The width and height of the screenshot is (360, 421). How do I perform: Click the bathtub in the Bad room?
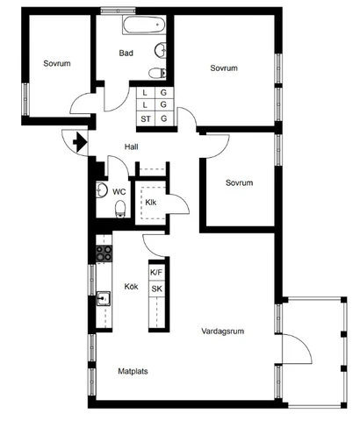coord(144,25)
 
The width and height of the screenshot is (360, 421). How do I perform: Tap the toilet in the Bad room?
coord(157,73)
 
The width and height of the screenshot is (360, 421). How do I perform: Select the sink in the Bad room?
coord(161,51)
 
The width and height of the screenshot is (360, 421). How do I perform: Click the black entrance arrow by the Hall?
coord(80,142)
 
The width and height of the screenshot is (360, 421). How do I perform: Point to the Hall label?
coord(132,146)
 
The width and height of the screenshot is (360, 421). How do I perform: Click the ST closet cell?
coord(146,119)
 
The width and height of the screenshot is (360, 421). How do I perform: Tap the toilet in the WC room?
coord(120,209)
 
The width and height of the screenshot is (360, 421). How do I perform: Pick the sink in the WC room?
coord(102,190)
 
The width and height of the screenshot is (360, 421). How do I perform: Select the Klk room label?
coord(151,203)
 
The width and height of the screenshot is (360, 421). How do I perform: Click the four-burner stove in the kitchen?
coord(104,253)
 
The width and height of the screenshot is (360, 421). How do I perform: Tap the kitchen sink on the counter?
coord(104,298)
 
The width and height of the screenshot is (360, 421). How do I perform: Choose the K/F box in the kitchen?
coord(156,273)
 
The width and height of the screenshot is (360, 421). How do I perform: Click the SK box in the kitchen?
coord(156,289)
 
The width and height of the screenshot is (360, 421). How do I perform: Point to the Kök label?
coord(132,287)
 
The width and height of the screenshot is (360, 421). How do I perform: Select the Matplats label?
coord(133,371)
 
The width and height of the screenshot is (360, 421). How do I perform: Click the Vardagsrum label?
coord(223,332)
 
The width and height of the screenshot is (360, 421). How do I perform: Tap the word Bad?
coord(126,54)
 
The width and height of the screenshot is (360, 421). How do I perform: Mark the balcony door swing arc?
coord(302,345)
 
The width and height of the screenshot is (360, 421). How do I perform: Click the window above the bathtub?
coord(119,11)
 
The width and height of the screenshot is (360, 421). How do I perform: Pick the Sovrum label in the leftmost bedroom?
coord(57,63)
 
